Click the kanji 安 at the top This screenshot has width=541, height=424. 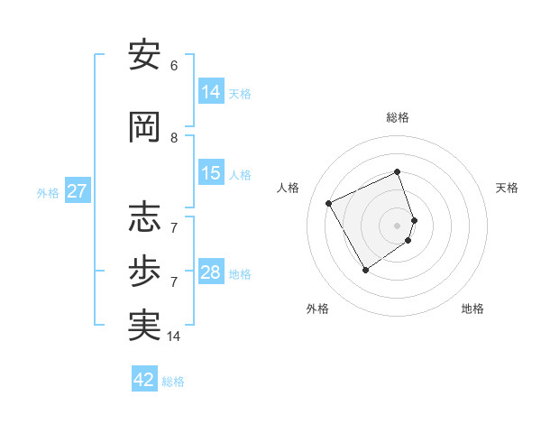(x=145, y=56)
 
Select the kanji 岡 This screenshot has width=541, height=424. (x=145, y=127)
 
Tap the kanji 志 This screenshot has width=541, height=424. (x=145, y=217)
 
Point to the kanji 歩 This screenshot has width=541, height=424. (x=145, y=272)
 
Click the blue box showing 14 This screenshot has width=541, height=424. (x=211, y=92)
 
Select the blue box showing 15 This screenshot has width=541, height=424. (x=211, y=173)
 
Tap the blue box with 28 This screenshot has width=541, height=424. (x=211, y=272)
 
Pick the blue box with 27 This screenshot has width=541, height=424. (x=77, y=191)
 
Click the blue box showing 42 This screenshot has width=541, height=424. (x=144, y=380)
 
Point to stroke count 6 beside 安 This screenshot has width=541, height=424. (x=174, y=66)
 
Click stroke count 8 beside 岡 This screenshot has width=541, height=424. (x=174, y=138)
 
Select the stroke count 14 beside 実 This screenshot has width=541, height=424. (x=174, y=336)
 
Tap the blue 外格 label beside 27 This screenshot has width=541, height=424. (x=47, y=192)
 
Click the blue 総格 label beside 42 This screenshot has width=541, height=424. (x=173, y=381)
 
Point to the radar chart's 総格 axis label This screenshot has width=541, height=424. (x=398, y=117)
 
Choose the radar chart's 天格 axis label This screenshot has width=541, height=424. (x=507, y=188)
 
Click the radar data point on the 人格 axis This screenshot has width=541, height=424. (x=329, y=203)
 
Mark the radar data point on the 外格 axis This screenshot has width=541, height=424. (x=365, y=270)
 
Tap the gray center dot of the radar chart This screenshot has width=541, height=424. (x=398, y=226)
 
